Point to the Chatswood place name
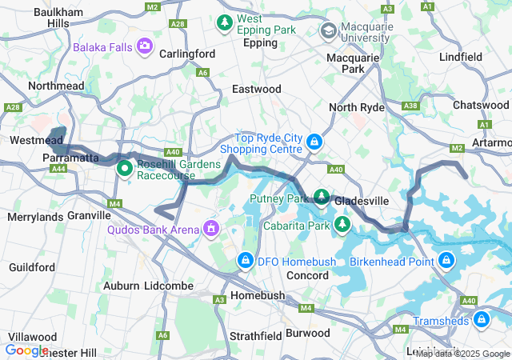(480, 106)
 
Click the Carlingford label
(188, 54)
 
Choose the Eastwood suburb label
(256, 89)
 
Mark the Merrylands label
(34, 217)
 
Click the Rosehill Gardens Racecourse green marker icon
(125, 169)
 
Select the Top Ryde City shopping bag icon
(315, 142)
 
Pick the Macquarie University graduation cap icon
(328, 30)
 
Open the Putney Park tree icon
(322, 196)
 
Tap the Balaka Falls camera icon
(145, 47)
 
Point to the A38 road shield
(411, 106)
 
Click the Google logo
(26, 350)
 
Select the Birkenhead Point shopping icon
(446, 260)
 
